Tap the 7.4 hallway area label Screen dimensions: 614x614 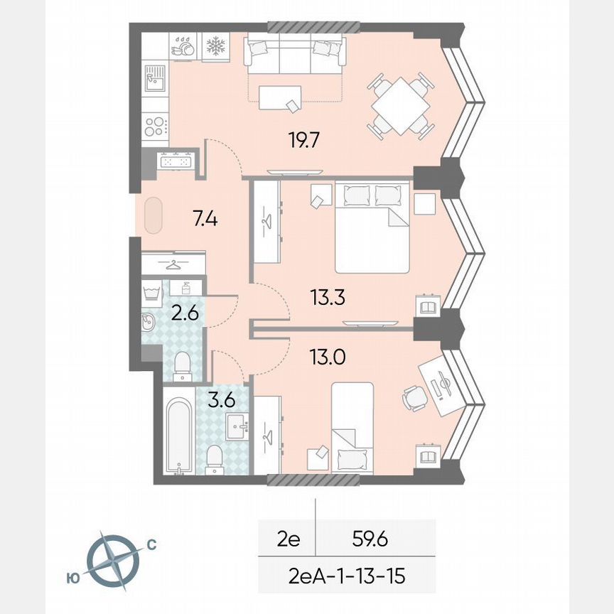click(x=205, y=218)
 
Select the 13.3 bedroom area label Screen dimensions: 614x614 click(x=328, y=296)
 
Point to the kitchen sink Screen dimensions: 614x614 click(x=155, y=78)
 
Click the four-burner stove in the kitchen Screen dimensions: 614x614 click(x=155, y=126)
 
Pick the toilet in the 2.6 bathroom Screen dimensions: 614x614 click(x=182, y=362)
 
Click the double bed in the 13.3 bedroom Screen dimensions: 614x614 click(x=372, y=227)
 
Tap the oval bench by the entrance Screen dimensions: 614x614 click(x=153, y=215)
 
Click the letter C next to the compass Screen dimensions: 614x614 click(x=151, y=545)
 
